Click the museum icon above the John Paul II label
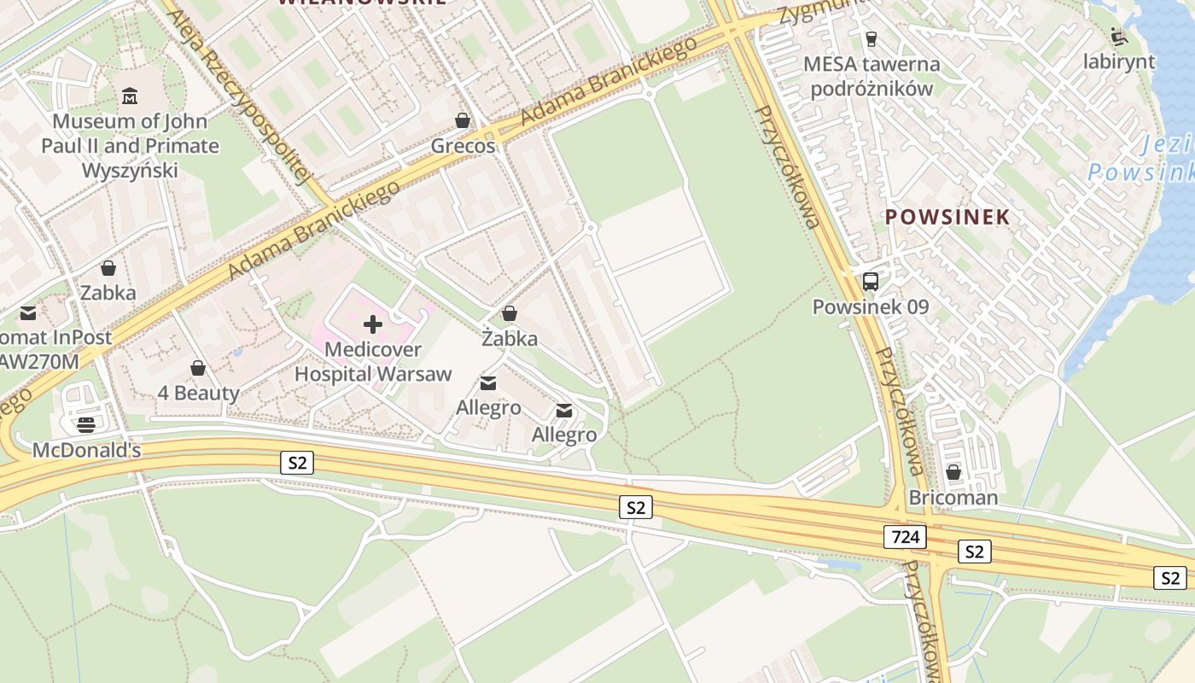tap(130, 95)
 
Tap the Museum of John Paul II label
tap(130, 146)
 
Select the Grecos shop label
tap(463, 146)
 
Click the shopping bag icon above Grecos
tap(463, 120)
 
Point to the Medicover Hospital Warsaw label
tap(373, 362)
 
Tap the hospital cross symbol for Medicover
tap(373, 324)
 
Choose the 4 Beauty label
tap(199, 394)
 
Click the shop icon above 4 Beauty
tap(198, 368)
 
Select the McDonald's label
tap(86, 450)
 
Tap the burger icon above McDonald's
tap(86, 423)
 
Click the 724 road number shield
tap(904, 536)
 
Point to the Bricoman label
tap(953, 498)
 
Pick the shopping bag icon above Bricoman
tap(953, 471)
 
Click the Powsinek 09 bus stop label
tap(871, 306)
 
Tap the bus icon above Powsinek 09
tap(871, 281)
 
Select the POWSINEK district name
tap(947, 217)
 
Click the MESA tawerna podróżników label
tap(871, 76)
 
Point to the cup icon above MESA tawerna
tap(871, 38)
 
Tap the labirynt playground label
tap(1118, 62)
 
